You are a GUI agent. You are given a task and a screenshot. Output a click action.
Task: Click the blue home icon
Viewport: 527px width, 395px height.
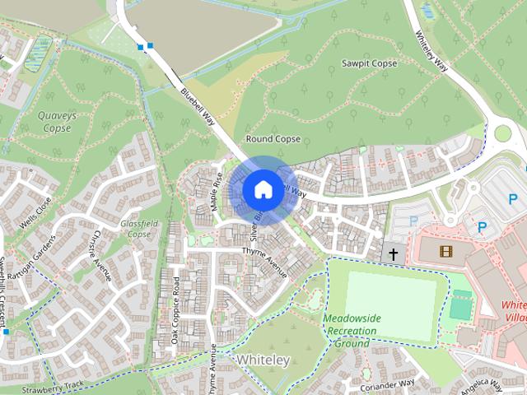pyautogui.click(x=262, y=189)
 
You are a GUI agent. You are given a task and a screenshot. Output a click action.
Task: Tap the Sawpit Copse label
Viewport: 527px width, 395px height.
pyautogui.click(x=369, y=63)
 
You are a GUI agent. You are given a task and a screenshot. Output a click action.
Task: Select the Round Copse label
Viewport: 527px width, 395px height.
pyautogui.click(x=273, y=139)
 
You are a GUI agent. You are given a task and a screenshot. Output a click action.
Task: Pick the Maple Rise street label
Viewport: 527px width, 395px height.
pyautogui.click(x=217, y=192)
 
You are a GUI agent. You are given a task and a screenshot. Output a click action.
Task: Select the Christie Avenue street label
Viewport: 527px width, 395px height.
pyautogui.click(x=100, y=254)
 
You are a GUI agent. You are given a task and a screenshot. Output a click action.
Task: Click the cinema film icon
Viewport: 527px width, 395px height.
pyautogui.click(x=445, y=251)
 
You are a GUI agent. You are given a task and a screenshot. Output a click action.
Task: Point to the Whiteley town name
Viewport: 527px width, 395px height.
pyautogui.click(x=263, y=360)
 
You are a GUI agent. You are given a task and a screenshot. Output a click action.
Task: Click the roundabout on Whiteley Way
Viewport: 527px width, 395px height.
pyautogui.click(x=502, y=134)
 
